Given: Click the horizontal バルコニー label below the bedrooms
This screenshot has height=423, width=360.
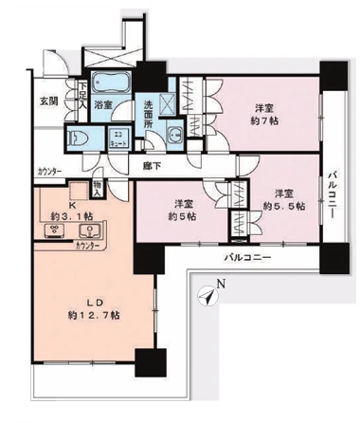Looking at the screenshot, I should pyautogui.click(x=247, y=257).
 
